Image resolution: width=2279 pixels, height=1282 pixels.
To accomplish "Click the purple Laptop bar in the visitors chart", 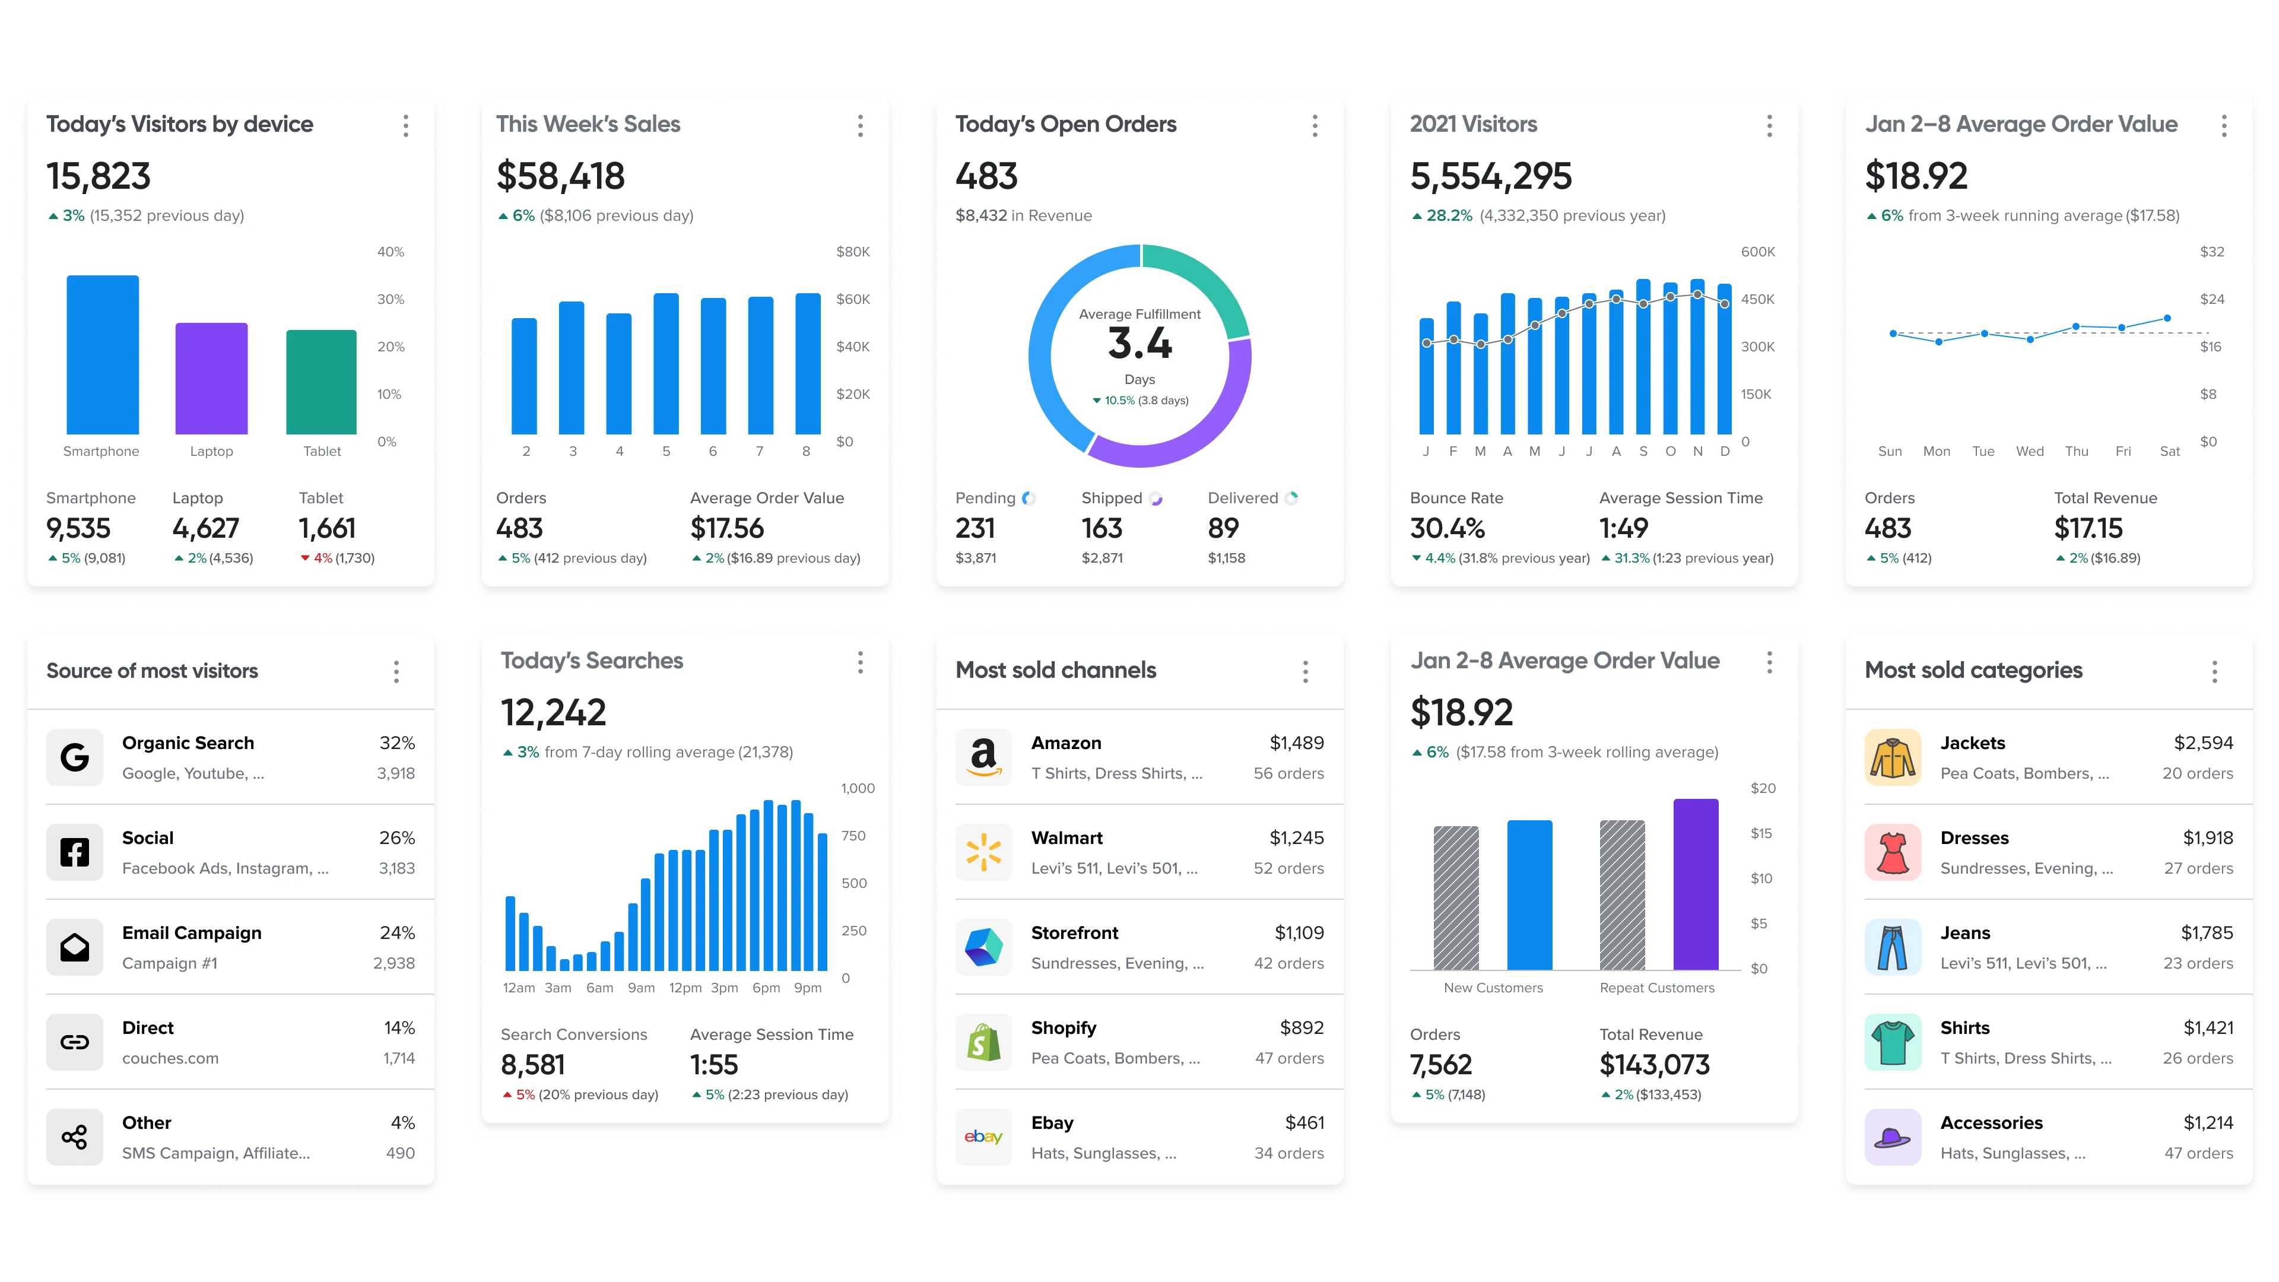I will pyautogui.click(x=211, y=379).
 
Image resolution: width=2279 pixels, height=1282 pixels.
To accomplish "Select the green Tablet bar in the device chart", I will pyautogui.click(x=321, y=382).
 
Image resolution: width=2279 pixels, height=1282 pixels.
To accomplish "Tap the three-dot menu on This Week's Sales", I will pyautogui.click(x=860, y=126).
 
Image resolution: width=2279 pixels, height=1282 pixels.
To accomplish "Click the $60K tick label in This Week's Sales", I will pyautogui.click(x=853, y=299).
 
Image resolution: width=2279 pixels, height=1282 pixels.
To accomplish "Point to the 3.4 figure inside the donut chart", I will pyautogui.click(x=1139, y=343).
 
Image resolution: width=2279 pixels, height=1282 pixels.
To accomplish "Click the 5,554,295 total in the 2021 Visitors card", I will pyautogui.click(x=1491, y=176).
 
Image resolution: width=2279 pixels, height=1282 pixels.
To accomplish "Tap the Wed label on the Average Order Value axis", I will pyautogui.click(x=2030, y=451).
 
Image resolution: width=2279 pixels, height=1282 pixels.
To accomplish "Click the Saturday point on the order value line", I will pyautogui.click(x=2167, y=318).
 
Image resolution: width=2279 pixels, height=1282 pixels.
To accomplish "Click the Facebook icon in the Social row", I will pyautogui.click(x=74, y=853).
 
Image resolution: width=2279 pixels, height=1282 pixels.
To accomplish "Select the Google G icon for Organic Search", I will pyautogui.click(x=74, y=757).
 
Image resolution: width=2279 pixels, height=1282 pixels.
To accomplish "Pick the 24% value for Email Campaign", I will pyautogui.click(x=397, y=932).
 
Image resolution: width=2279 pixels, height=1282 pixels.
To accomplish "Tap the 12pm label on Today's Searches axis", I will pyautogui.click(x=685, y=988).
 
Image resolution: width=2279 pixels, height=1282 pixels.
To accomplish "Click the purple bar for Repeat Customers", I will pyautogui.click(x=1696, y=885).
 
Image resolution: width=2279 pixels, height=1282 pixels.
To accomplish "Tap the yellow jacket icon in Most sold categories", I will pyautogui.click(x=1893, y=757).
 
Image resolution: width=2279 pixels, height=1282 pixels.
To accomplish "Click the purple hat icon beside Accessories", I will pyautogui.click(x=1893, y=1137).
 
